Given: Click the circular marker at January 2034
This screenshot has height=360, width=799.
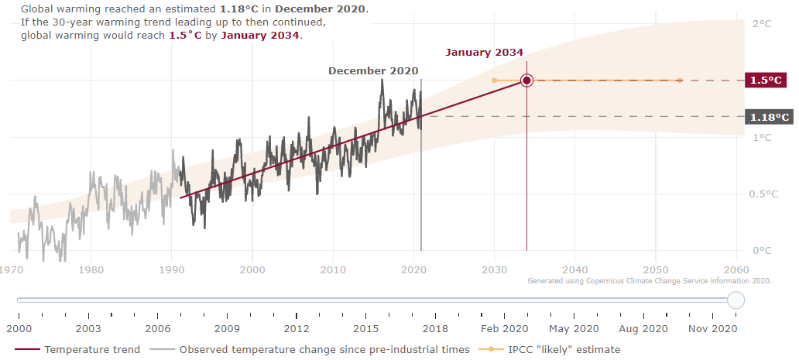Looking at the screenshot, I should click(526, 81).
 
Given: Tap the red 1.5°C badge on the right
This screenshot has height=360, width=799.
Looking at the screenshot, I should click(766, 81).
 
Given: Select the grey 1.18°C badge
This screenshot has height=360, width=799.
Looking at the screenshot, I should click(768, 118).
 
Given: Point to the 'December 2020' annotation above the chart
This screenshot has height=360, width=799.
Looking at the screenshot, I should click(373, 70).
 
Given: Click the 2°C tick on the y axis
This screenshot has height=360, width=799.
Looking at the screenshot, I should click(762, 24).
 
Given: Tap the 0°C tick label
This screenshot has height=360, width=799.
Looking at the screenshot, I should click(762, 251).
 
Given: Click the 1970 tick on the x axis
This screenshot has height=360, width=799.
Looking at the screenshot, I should click(10, 269).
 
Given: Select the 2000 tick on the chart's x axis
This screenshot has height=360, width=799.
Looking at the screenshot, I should click(252, 269).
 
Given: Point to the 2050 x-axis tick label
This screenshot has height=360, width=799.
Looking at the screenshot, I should click(656, 269).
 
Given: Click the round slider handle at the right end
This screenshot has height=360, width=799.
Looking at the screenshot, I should click(736, 300).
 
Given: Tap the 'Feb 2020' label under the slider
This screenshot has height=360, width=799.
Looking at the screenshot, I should click(503, 329).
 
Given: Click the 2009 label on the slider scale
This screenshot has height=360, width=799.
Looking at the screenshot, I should click(227, 329).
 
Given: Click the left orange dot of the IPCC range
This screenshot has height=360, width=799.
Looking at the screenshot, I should click(494, 81).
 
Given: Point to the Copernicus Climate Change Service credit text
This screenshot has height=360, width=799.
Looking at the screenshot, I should click(649, 282).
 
